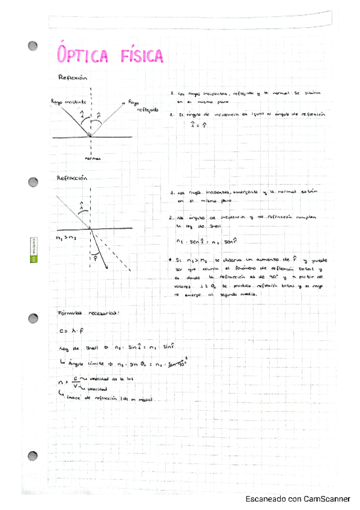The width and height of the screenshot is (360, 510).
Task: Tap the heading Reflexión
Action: click(73, 78)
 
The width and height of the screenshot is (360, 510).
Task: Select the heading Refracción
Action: click(72, 179)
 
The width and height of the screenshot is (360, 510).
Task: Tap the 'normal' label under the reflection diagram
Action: click(92, 159)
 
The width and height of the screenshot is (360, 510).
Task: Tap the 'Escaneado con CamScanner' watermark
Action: click(298, 499)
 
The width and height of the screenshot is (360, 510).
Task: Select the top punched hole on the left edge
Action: click(34, 46)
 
